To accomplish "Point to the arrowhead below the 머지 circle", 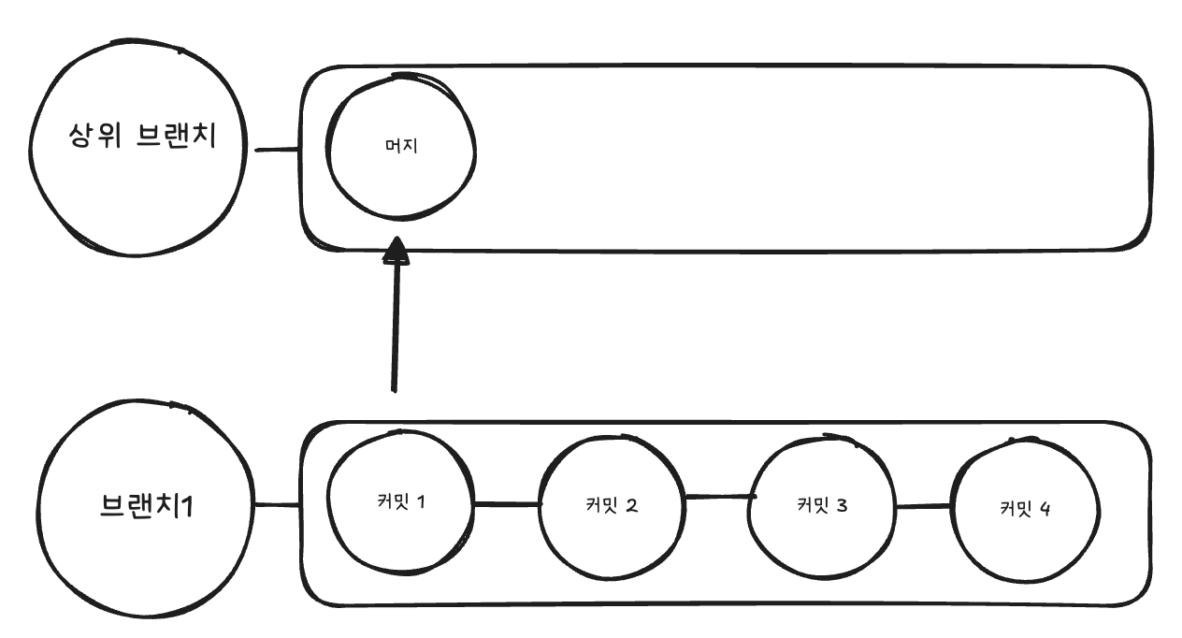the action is (397, 250).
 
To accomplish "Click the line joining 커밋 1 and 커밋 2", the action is (507, 504).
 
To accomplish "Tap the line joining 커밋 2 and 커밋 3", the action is (720, 497).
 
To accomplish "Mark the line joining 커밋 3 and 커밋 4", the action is (924, 507).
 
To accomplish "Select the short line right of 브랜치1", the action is (277, 506).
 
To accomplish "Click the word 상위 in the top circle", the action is (95, 137).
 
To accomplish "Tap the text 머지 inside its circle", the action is (400, 150).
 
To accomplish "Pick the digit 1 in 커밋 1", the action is (421, 501).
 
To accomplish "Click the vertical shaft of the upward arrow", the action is (396, 327).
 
